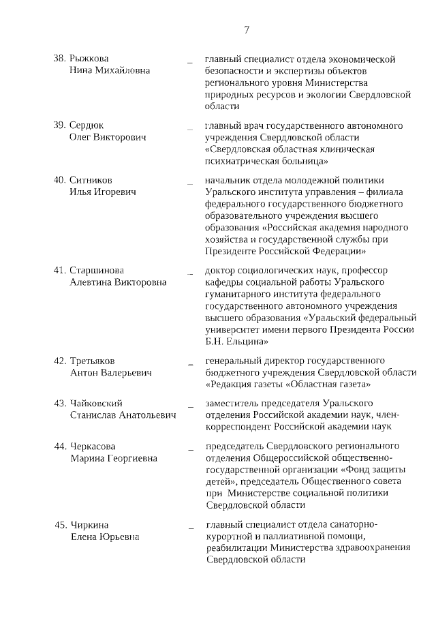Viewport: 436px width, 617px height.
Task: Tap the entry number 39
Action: click(x=59, y=125)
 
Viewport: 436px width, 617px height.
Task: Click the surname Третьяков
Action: click(x=93, y=360)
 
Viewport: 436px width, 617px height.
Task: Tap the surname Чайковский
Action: click(x=97, y=404)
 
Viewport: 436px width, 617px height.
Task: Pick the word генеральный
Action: click(x=233, y=360)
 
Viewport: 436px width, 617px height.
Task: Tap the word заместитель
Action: click(x=234, y=404)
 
